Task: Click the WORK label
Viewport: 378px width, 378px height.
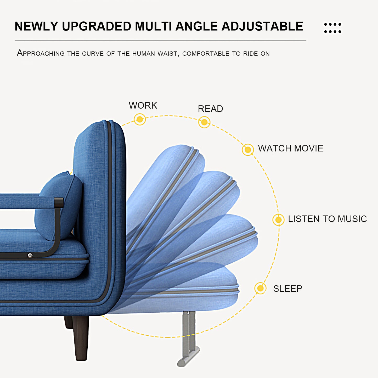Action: pos(143,105)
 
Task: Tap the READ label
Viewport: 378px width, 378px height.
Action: pos(210,109)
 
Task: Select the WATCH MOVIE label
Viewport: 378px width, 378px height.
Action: pos(291,148)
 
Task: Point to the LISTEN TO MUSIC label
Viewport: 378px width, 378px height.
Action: pos(328,219)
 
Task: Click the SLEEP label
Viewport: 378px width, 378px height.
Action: pos(287,289)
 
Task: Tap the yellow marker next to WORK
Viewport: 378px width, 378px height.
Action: pos(140,119)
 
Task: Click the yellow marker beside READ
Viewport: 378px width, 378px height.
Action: pos(204,122)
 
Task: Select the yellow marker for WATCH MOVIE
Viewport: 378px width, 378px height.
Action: pos(248,150)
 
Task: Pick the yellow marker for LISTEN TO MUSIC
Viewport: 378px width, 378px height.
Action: pos(278,220)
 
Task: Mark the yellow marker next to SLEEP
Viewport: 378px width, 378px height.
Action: pos(260,288)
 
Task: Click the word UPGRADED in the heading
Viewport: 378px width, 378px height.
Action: pos(97,26)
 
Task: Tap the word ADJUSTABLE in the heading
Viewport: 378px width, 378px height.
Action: pos(262,26)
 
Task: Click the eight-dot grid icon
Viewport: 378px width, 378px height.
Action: pos(332,28)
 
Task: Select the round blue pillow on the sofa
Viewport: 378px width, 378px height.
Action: pos(58,206)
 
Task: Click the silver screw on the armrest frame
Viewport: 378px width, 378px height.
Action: pos(30,255)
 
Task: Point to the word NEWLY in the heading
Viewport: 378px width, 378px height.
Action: pos(36,26)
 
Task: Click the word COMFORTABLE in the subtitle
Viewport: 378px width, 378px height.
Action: pos(206,54)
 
